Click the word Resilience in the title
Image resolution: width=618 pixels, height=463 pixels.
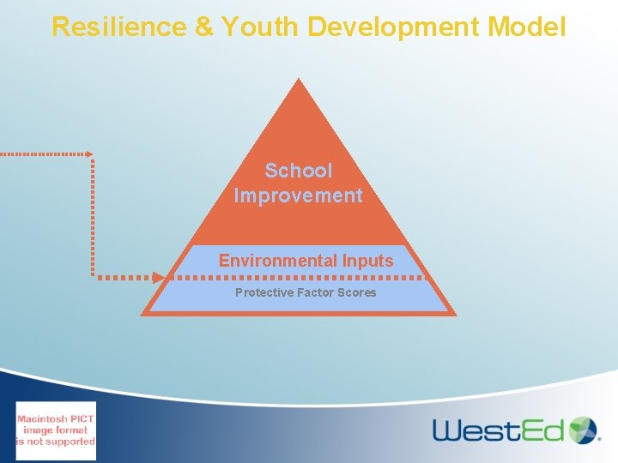click(119, 27)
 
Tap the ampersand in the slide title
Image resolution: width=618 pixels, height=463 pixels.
click(204, 27)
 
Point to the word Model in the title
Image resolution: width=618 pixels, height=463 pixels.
click(526, 27)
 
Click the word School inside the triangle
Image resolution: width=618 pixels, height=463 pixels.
click(298, 171)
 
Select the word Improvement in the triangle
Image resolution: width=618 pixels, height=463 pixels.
click(298, 195)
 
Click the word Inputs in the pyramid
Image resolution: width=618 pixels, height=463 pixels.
click(368, 261)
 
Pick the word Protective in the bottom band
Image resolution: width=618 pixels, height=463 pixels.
click(264, 292)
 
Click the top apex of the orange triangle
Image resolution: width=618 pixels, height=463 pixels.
click(298, 80)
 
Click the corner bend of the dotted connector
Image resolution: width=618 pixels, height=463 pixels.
click(92, 155)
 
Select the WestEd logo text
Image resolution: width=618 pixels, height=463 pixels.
click(498, 430)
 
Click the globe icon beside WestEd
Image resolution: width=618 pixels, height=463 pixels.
click(583, 430)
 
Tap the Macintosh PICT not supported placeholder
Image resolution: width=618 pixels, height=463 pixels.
click(56, 430)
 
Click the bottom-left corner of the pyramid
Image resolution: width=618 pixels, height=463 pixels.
click(143, 314)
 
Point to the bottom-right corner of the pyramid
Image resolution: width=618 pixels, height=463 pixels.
click(454, 314)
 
